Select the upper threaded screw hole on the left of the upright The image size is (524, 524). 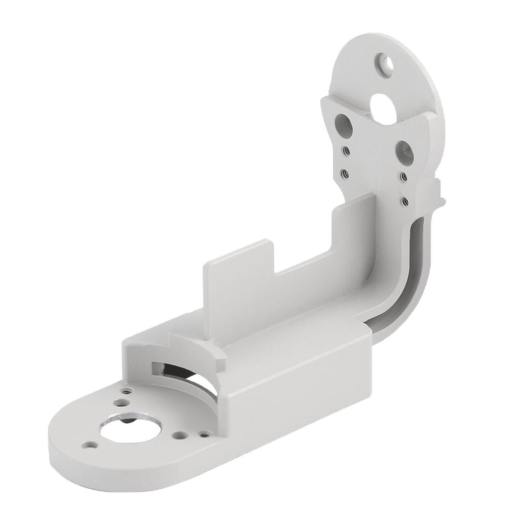point(346,150)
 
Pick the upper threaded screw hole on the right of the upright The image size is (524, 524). point(404,177)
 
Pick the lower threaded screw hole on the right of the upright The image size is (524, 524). point(404,201)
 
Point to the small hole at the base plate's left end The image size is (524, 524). point(91,445)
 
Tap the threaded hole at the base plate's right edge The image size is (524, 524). point(205,435)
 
